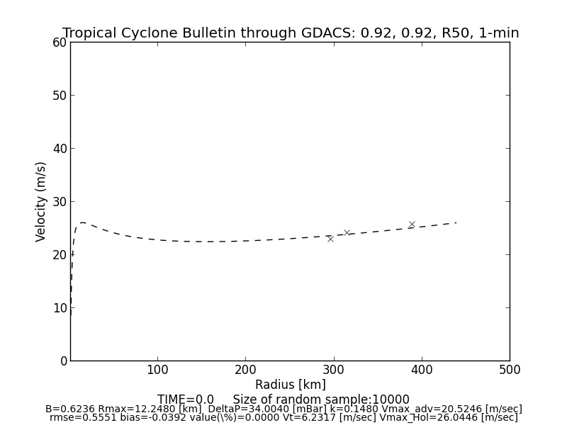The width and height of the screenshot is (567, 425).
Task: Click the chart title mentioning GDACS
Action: [291, 33]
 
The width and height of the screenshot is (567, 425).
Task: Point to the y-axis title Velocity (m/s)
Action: [41, 201]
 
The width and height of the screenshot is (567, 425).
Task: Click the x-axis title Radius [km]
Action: [291, 385]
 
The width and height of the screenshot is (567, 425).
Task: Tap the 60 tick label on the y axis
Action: [59, 42]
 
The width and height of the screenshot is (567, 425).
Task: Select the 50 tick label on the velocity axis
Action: [59, 96]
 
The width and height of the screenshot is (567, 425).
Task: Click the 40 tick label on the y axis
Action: [59, 149]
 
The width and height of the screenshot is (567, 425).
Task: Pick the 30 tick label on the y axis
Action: [59, 202]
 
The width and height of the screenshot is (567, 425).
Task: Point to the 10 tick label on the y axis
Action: [59, 308]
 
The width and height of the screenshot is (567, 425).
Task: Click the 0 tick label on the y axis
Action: [62, 361]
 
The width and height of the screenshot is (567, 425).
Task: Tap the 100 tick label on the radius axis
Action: [157, 370]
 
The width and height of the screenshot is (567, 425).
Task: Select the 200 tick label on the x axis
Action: [245, 370]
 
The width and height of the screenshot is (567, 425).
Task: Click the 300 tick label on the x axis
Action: [333, 370]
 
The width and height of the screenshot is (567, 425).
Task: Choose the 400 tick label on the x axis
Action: [422, 370]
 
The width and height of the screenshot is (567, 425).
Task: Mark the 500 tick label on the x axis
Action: [510, 370]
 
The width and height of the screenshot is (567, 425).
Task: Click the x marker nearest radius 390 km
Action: [412, 225]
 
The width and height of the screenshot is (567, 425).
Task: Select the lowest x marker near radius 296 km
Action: [330, 239]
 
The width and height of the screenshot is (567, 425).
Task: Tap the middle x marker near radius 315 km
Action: [347, 232]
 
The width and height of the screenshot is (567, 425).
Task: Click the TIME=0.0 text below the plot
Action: [186, 399]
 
